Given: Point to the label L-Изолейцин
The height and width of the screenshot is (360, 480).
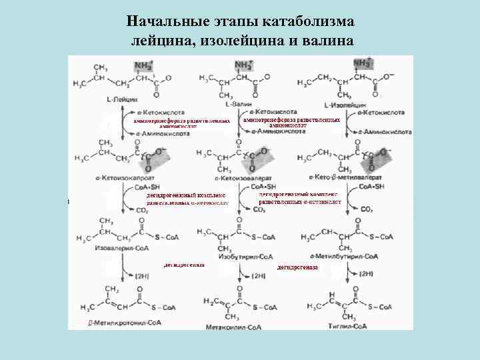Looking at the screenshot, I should point(344,105).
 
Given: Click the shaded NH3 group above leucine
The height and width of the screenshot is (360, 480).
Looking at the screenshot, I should point(143,65).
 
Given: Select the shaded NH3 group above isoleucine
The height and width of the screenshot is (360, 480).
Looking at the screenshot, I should point(363,63).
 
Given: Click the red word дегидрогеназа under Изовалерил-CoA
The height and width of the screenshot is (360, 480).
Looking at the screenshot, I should point(183,265).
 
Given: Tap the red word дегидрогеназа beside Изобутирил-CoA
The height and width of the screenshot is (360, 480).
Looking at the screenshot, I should point(297,267).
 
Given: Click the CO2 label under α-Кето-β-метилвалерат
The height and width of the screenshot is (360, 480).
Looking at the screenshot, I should point(365,209).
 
